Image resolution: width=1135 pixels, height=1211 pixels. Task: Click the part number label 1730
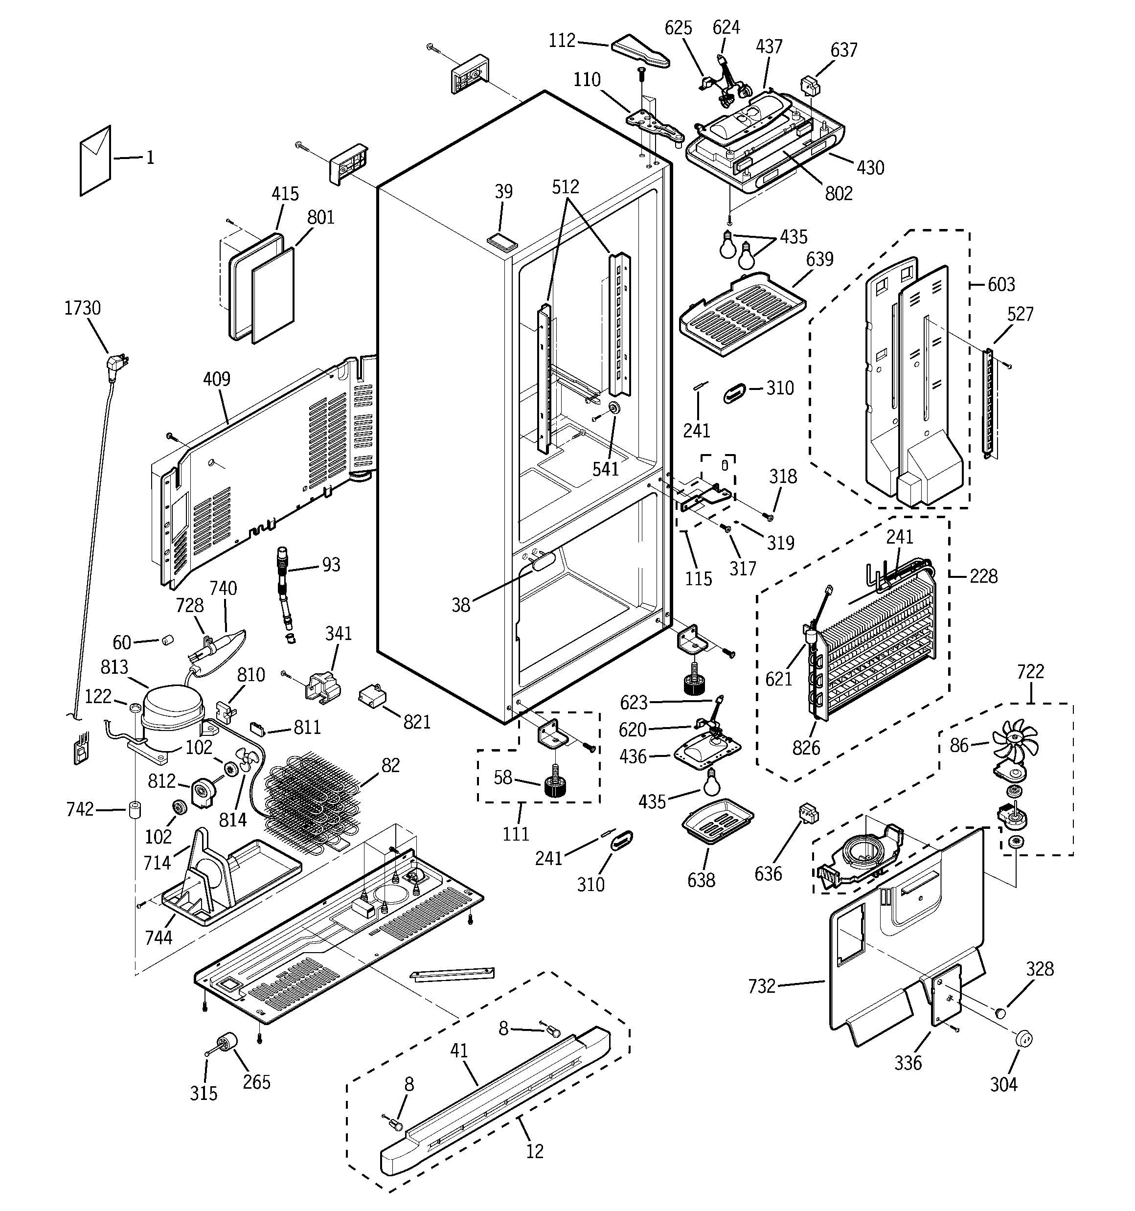[83, 308]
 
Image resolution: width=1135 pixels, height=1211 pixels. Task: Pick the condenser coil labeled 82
[311, 798]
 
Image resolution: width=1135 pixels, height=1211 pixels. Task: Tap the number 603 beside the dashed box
[1001, 284]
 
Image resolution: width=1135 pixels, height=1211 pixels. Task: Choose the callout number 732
[762, 986]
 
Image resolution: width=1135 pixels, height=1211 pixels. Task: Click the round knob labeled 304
[1024, 1039]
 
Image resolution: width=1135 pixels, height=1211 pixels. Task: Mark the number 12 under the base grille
[534, 1152]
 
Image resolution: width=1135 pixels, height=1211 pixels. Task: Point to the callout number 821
[417, 723]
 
